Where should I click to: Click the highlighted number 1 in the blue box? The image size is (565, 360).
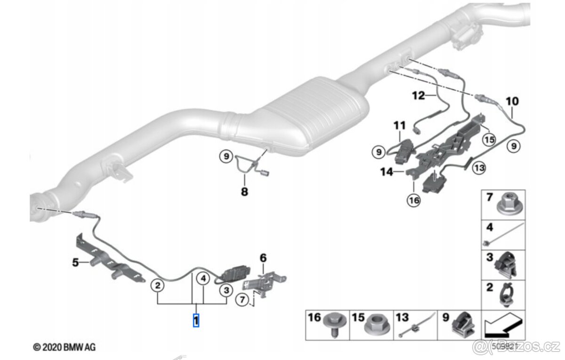click(x=196, y=321)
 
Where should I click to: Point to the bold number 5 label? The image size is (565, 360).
click(x=75, y=262)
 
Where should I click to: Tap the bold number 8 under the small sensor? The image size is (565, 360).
click(x=244, y=192)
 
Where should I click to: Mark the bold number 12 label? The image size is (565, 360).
click(x=418, y=96)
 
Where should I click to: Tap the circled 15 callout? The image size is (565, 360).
click(x=489, y=140)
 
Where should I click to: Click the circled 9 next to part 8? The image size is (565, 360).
click(x=226, y=155)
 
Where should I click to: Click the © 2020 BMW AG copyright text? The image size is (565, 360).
click(x=64, y=347)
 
